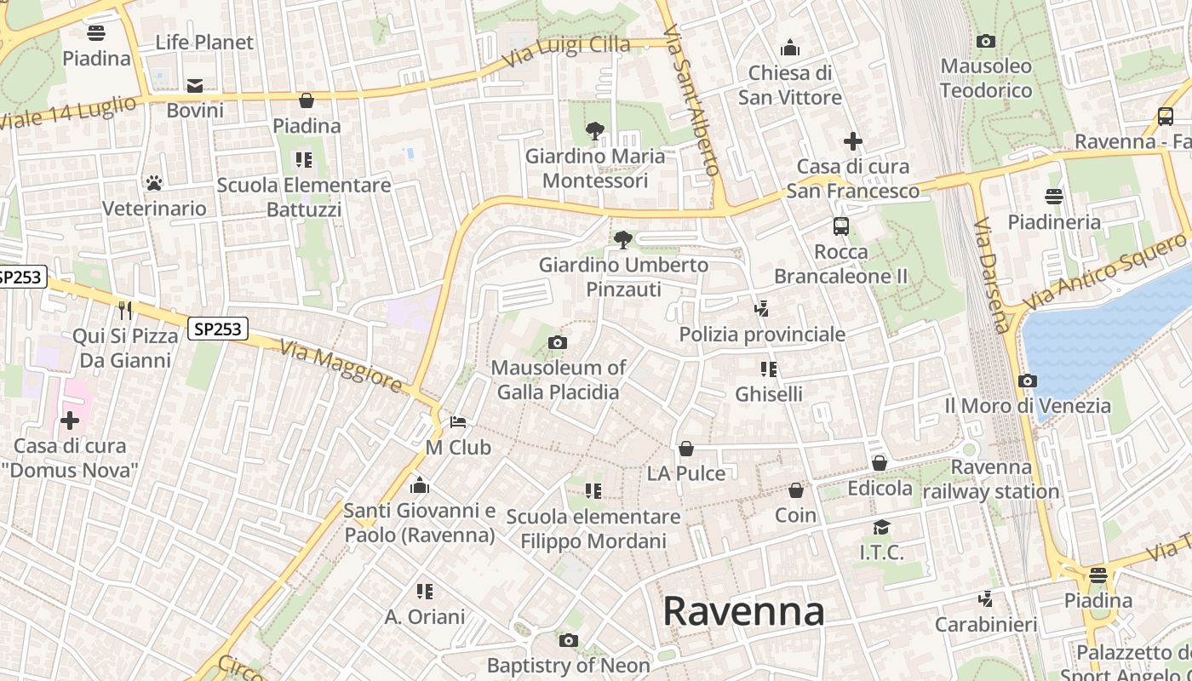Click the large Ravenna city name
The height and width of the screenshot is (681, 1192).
[x=743, y=611]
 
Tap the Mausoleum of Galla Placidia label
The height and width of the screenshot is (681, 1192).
[x=558, y=380]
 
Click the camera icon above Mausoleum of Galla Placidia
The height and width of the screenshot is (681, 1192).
[x=558, y=343]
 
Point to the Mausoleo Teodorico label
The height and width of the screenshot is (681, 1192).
[x=986, y=78]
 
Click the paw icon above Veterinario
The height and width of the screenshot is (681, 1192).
[x=154, y=183]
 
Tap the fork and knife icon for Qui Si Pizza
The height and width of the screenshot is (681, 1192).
[x=125, y=310]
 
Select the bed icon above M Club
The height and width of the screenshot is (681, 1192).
[x=458, y=422]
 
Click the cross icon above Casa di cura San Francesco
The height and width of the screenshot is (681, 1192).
[x=853, y=141]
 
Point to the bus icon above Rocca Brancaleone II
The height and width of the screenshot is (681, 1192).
[x=841, y=226]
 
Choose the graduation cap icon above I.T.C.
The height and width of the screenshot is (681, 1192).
[x=881, y=528]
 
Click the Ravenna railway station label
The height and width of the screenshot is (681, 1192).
[x=991, y=479]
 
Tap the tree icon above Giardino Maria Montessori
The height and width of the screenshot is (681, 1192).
[x=595, y=131]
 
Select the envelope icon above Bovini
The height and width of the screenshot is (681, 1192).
[x=195, y=85]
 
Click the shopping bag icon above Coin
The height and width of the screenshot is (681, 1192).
[x=796, y=490]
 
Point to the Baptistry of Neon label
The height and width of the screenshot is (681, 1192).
[x=569, y=665]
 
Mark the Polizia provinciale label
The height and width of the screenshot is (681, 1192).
[x=762, y=335]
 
